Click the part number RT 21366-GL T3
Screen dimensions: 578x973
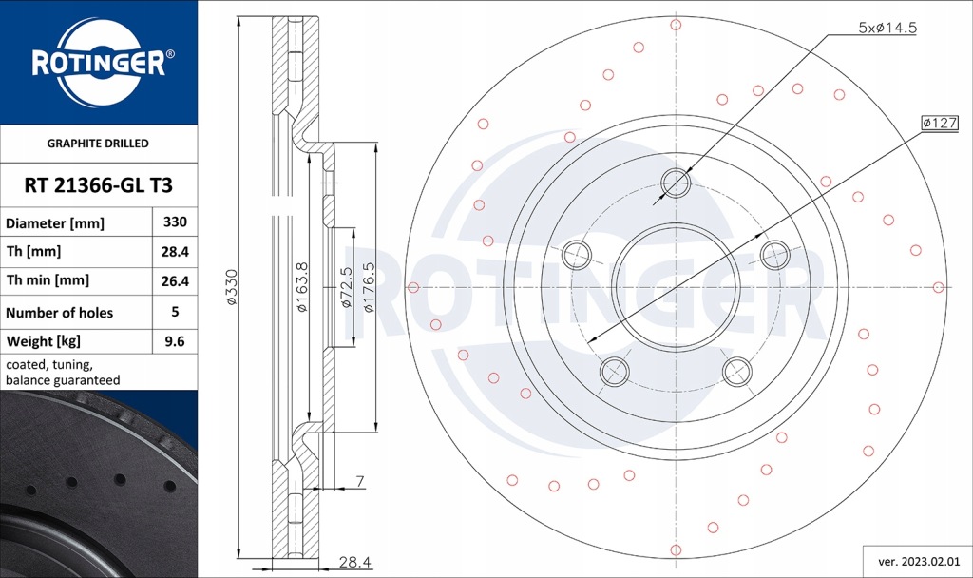(97, 184)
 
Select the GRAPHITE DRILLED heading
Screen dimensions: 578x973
(98, 144)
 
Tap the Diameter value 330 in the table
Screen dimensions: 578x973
(175, 222)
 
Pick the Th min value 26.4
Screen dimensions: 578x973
(175, 280)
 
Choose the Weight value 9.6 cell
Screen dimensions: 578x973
(175, 340)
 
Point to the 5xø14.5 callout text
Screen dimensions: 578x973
(887, 29)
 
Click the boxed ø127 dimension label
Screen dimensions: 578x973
(939, 123)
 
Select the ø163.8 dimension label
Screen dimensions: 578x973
(301, 287)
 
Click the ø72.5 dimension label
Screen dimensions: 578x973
(347, 287)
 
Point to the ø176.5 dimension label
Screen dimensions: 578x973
(369, 287)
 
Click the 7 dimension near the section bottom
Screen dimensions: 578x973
(360, 482)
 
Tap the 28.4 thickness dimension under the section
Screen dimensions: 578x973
(354, 562)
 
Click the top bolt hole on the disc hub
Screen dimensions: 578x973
(676, 183)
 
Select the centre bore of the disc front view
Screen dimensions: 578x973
(676, 287)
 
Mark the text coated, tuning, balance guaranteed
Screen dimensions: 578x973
(63, 372)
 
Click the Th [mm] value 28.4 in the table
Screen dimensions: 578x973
(175, 252)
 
